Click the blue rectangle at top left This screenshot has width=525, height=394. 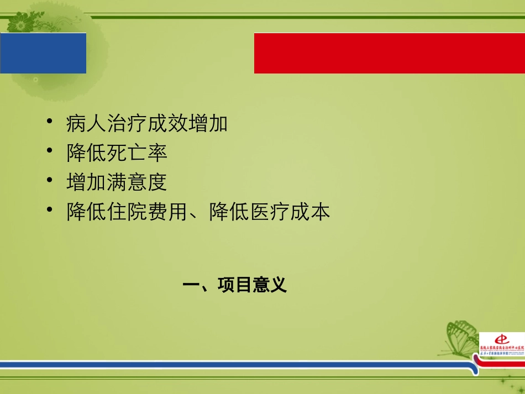(43, 53)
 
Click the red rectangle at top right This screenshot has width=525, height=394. (389, 53)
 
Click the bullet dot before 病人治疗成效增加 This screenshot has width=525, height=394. (50, 121)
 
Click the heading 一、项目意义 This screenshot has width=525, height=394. (235, 285)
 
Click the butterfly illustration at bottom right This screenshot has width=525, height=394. (461, 337)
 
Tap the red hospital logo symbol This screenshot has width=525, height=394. (501, 338)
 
